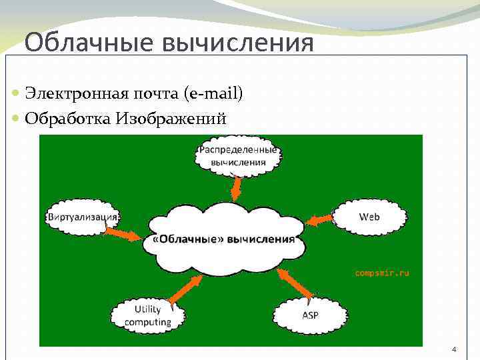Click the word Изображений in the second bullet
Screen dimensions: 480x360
(x=171, y=119)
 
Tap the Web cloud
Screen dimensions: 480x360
(x=369, y=217)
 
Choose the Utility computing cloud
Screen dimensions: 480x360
(x=147, y=315)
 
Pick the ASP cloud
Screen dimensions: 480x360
(x=310, y=314)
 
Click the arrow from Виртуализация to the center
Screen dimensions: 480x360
(x=123, y=233)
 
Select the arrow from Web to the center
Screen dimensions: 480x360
(x=319, y=219)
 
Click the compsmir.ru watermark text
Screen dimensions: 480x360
(x=382, y=273)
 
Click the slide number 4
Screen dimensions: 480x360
(x=454, y=349)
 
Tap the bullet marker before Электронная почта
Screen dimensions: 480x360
(x=16, y=95)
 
